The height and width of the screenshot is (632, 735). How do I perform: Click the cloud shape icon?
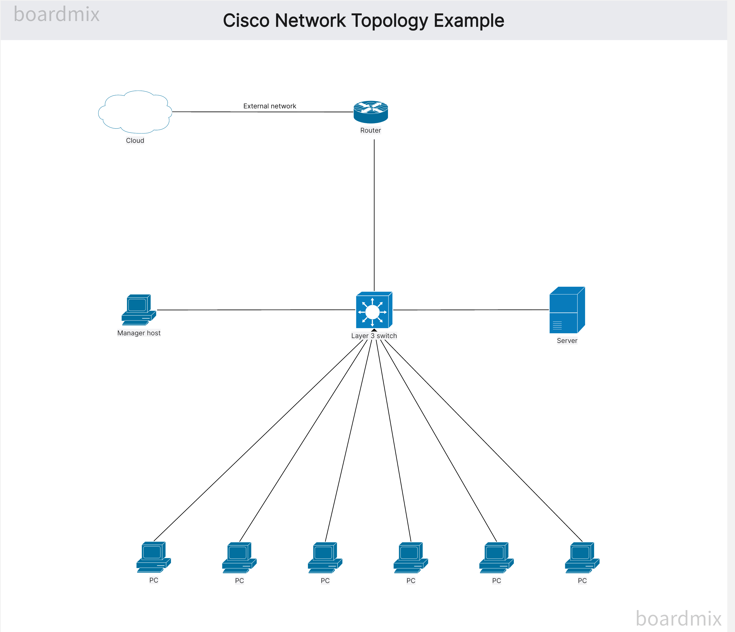[135, 112]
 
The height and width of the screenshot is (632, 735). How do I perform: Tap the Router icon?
[371, 112]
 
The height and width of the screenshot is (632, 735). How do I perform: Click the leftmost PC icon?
[153, 557]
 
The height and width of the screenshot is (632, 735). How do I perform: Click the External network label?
[270, 106]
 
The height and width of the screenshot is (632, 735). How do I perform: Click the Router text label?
[371, 130]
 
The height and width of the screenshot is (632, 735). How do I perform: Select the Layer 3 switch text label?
[374, 336]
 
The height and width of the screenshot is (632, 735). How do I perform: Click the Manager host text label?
[139, 333]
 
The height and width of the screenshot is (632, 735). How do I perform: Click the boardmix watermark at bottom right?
[678, 619]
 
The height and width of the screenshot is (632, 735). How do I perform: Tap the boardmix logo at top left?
[56, 15]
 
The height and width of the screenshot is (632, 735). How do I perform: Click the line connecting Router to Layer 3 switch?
[374, 213]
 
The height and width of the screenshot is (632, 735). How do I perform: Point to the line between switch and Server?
[472, 310]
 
